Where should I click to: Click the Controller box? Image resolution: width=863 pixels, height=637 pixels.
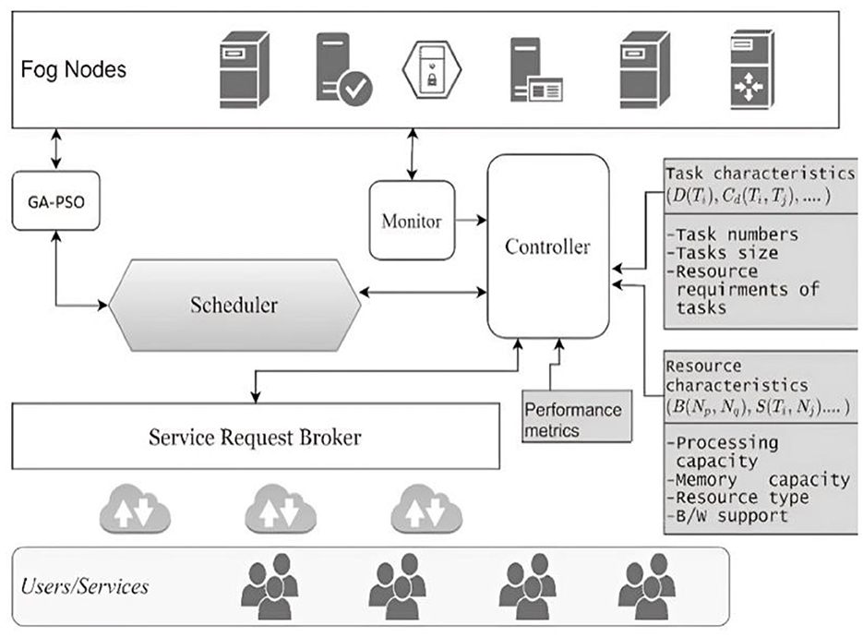(x=547, y=247)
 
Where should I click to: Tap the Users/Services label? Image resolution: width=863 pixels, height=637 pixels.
(x=86, y=586)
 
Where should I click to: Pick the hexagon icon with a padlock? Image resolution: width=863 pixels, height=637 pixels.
(x=430, y=68)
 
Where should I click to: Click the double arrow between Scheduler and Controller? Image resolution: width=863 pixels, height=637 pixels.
(x=423, y=293)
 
